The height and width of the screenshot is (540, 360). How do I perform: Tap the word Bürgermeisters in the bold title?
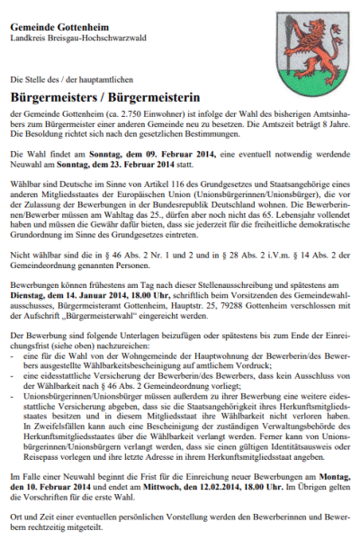pyautogui.click(x=54, y=94)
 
